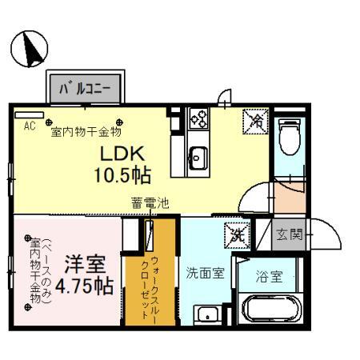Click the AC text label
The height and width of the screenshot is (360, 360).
30,126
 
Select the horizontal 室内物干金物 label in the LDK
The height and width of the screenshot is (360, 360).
86,130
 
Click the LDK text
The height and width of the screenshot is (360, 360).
122,153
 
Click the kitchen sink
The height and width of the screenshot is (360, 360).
197,154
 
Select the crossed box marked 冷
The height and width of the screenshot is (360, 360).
254,122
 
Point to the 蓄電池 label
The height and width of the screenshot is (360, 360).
150,204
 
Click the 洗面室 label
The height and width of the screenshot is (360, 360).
204,273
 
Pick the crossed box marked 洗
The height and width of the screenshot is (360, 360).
236,235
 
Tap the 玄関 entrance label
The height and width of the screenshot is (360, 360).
290,234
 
